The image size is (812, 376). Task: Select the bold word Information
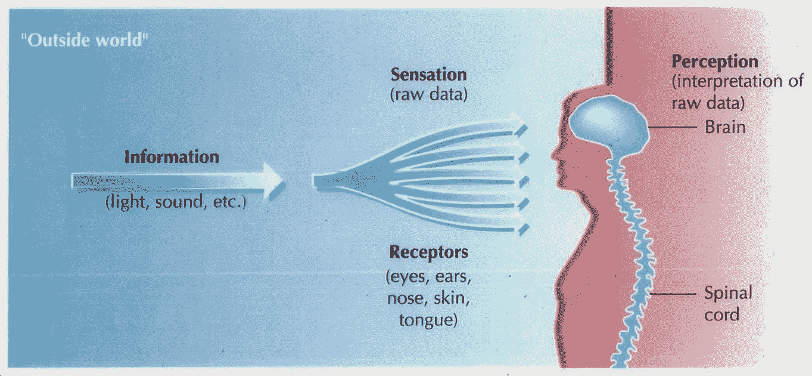point(172,157)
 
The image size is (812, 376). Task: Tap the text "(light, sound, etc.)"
point(175,202)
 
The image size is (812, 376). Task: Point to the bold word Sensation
point(428,75)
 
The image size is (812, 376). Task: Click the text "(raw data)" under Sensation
point(428,94)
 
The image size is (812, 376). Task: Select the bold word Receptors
point(429,252)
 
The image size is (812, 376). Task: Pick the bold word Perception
point(715,61)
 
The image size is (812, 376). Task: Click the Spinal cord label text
point(727,303)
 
